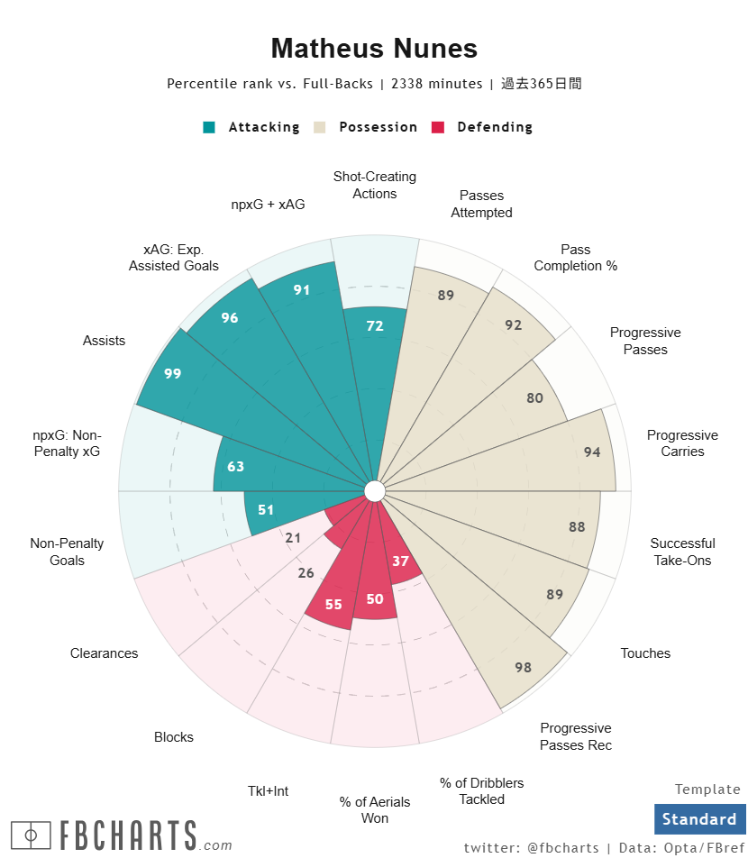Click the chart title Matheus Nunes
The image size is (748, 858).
374,49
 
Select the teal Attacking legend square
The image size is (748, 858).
209,127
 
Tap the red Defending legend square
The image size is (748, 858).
439,127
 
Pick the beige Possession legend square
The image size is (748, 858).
320,127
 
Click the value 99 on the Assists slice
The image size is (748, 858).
173,373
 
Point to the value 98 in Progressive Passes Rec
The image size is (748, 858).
524,667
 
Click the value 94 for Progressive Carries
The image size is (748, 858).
592,452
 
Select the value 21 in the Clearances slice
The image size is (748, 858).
293,538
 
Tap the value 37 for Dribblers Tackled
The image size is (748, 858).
401,561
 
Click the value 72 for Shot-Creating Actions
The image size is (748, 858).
375,325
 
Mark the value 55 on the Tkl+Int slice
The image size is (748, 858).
333,604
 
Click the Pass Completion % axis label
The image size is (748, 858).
575,258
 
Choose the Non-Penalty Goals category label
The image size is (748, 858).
67,552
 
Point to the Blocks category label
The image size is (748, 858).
174,737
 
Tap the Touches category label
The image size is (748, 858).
645,653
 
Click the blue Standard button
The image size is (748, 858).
699,819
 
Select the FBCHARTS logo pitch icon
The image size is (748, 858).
32,835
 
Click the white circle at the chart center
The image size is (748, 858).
375,490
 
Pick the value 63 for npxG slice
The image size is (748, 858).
236,467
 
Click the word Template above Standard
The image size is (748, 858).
707,790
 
